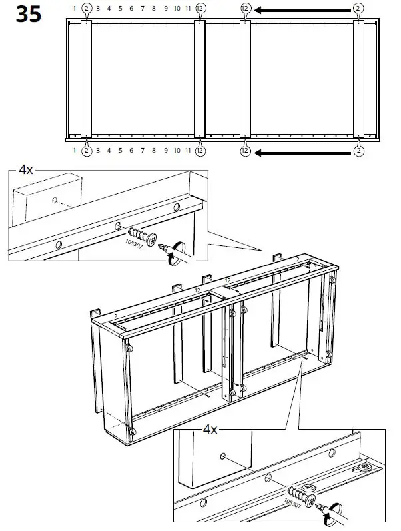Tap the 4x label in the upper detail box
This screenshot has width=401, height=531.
click(x=26, y=170)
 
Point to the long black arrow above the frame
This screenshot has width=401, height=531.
click(x=303, y=10)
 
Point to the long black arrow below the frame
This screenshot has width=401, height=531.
click(x=303, y=152)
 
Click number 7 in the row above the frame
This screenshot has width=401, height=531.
click(x=143, y=9)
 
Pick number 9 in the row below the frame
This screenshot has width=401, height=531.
click(x=165, y=151)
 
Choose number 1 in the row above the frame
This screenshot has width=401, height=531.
click(x=74, y=9)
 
